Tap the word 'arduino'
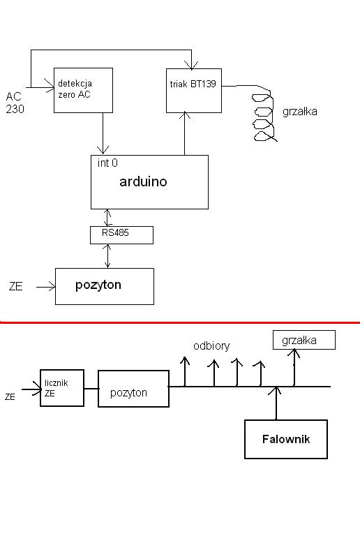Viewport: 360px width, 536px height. pos(143,181)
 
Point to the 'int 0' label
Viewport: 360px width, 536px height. pos(107,163)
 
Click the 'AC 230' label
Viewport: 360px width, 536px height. pos(15,103)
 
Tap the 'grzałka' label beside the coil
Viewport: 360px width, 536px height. pos(300,112)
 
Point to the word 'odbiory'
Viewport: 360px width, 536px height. pos(211,346)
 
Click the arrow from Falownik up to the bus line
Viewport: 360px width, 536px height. pos(276,403)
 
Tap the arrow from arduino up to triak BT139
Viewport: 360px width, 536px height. pos(185,134)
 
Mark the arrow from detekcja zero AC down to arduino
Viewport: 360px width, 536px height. pos(103,133)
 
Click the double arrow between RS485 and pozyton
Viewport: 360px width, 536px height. pos(107,256)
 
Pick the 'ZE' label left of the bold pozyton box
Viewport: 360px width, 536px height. pos(16,286)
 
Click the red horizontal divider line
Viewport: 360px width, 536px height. pos(180,322)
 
